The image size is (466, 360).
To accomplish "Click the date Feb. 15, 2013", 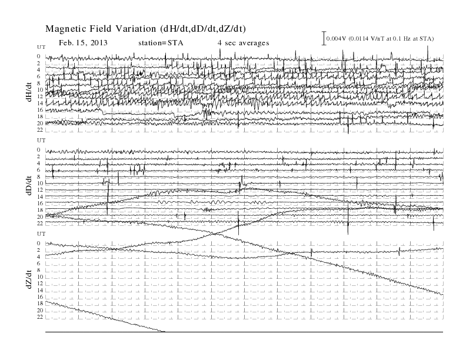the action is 83,43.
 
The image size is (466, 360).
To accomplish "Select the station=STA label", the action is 161,43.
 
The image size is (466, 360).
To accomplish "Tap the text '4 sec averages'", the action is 243,43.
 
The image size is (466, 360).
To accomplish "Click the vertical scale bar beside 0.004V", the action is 324,38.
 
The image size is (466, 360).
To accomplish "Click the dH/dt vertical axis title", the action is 28,92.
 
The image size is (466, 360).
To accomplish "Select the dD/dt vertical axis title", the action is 28,185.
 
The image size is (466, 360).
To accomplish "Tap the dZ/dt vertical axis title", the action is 28,279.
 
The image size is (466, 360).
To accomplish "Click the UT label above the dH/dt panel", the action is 41,47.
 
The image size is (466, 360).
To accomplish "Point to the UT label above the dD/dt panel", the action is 41,140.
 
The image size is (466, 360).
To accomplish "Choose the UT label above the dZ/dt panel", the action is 41,234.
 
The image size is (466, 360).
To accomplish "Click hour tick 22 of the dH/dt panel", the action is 40,130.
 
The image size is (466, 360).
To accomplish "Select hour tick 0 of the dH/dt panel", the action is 39,56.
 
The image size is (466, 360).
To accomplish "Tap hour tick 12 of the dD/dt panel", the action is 40,190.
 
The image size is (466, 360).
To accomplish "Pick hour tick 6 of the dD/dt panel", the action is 39,170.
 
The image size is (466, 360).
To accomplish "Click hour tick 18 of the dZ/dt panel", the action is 40,304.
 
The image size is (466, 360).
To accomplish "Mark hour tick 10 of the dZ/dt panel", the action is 40,277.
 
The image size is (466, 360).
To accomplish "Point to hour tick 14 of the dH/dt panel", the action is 40,103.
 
